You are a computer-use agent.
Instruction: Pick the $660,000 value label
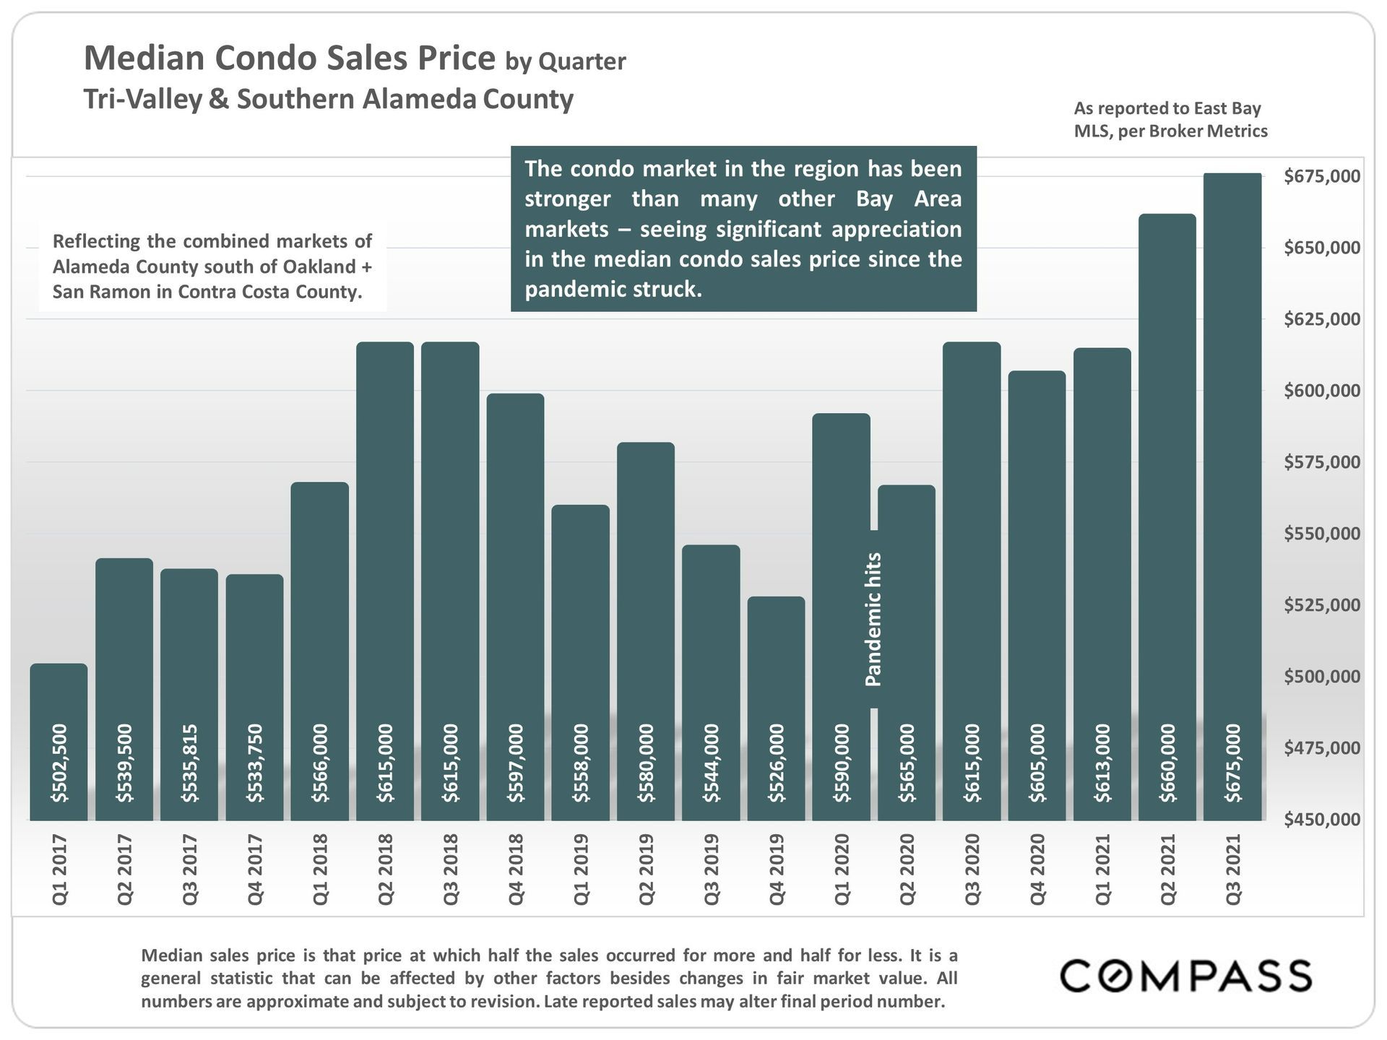(1167, 763)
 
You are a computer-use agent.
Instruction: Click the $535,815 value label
(189, 763)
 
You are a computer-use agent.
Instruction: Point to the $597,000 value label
(515, 763)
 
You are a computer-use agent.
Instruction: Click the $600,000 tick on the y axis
(1321, 391)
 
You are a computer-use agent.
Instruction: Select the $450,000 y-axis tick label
(1321, 820)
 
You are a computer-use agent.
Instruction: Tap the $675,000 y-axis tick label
(1321, 176)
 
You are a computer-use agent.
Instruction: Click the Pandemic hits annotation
(873, 619)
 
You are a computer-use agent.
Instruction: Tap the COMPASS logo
(1185, 976)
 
